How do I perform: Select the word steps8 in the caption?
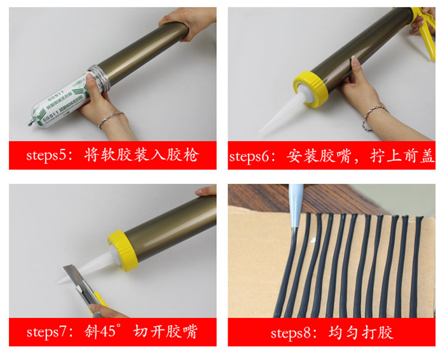[291, 333]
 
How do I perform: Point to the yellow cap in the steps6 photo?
[310, 89]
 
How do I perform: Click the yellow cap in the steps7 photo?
[123, 251]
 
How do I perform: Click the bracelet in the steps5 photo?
[111, 119]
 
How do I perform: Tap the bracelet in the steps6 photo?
[373, 116]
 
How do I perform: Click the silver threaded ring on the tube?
[98, 78]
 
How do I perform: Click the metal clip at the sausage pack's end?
[31, 122]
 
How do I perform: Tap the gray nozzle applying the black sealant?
[296, 206]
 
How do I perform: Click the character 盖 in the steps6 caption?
[428, 156]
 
